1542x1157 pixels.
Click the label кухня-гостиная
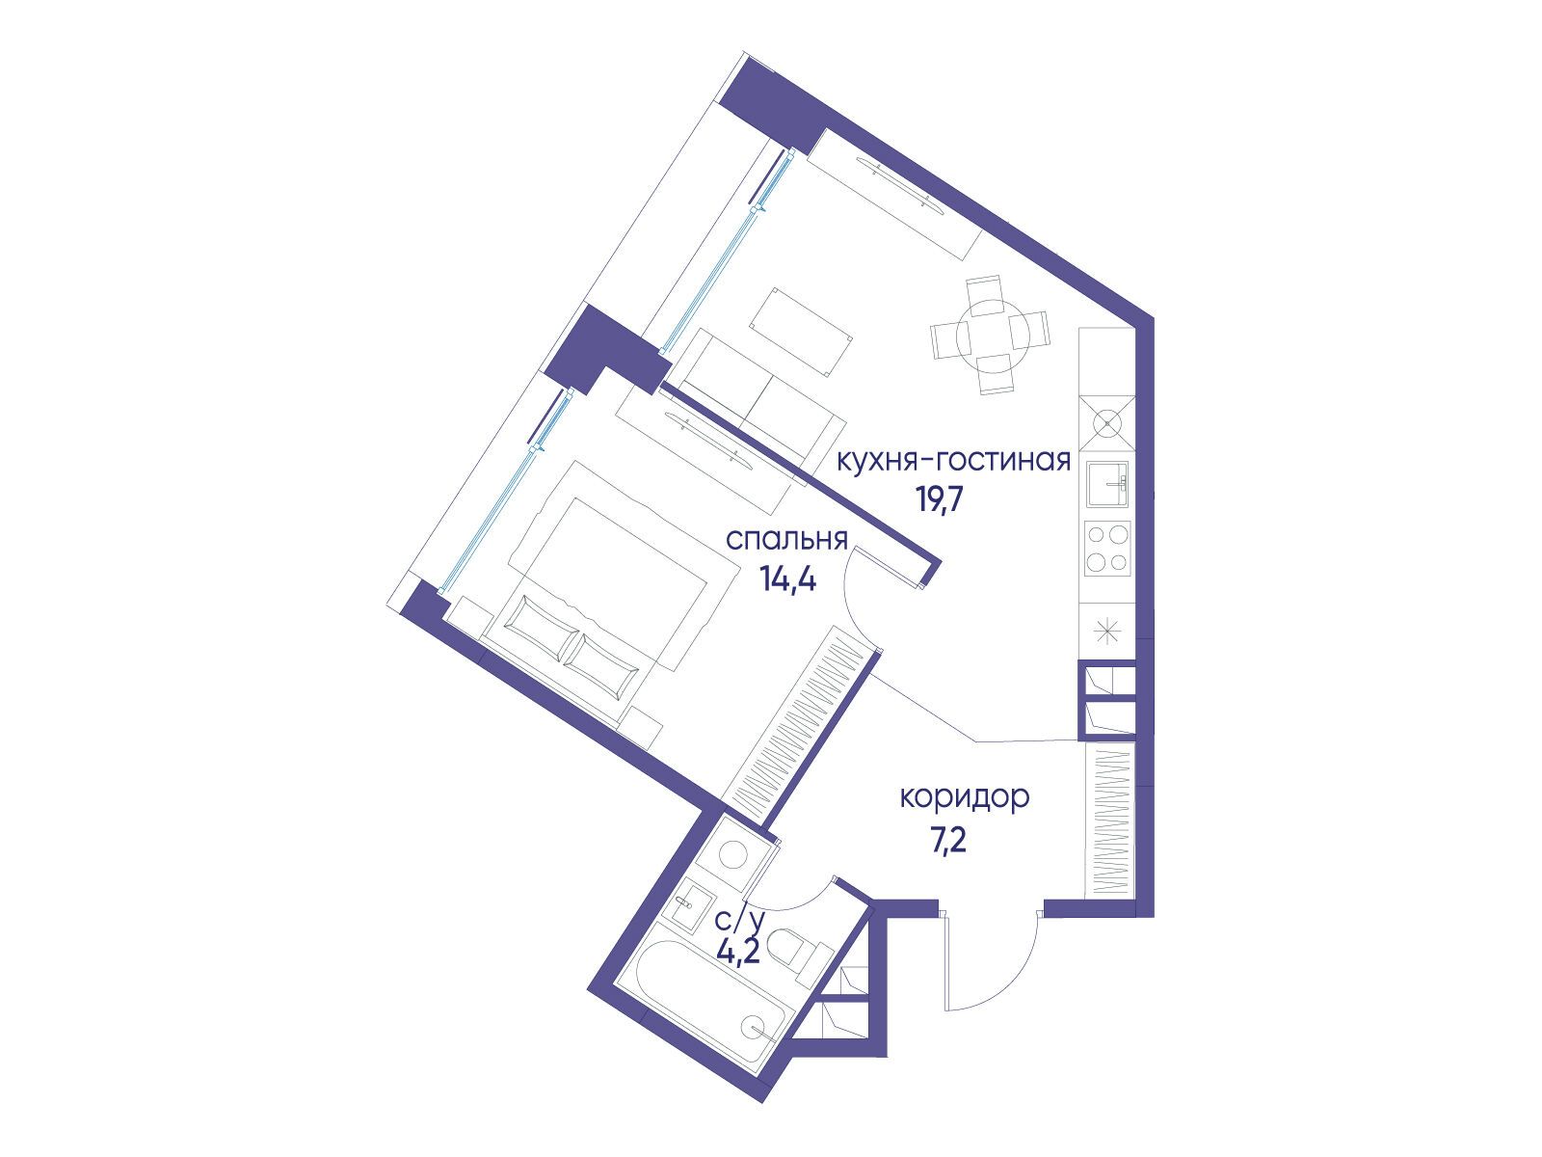coord(952,462)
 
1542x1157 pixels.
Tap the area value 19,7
coord(938,500)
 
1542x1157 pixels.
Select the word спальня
coord(786,541)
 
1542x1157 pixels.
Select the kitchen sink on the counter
coord(1107,484)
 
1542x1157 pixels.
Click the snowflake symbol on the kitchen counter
coord(1107,631)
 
